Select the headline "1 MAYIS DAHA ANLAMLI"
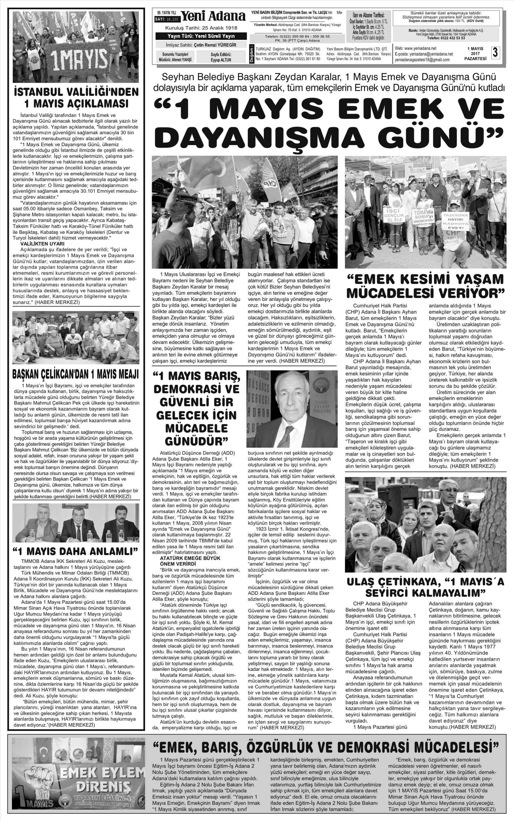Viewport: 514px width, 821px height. click(76, 552)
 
